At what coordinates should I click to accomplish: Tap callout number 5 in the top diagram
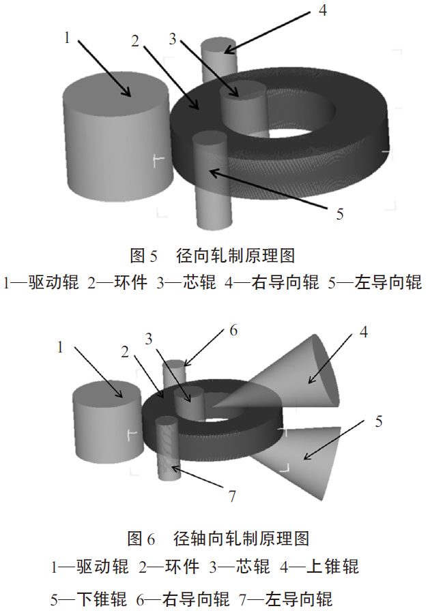(339, 214)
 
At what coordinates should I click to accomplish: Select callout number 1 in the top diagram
(67, 37)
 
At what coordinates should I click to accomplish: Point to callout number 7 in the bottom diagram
(231, 496)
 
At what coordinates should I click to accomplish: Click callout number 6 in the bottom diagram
(233, 331)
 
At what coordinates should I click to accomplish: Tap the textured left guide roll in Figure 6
(168, 450)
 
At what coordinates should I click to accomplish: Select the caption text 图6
(142, 539)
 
